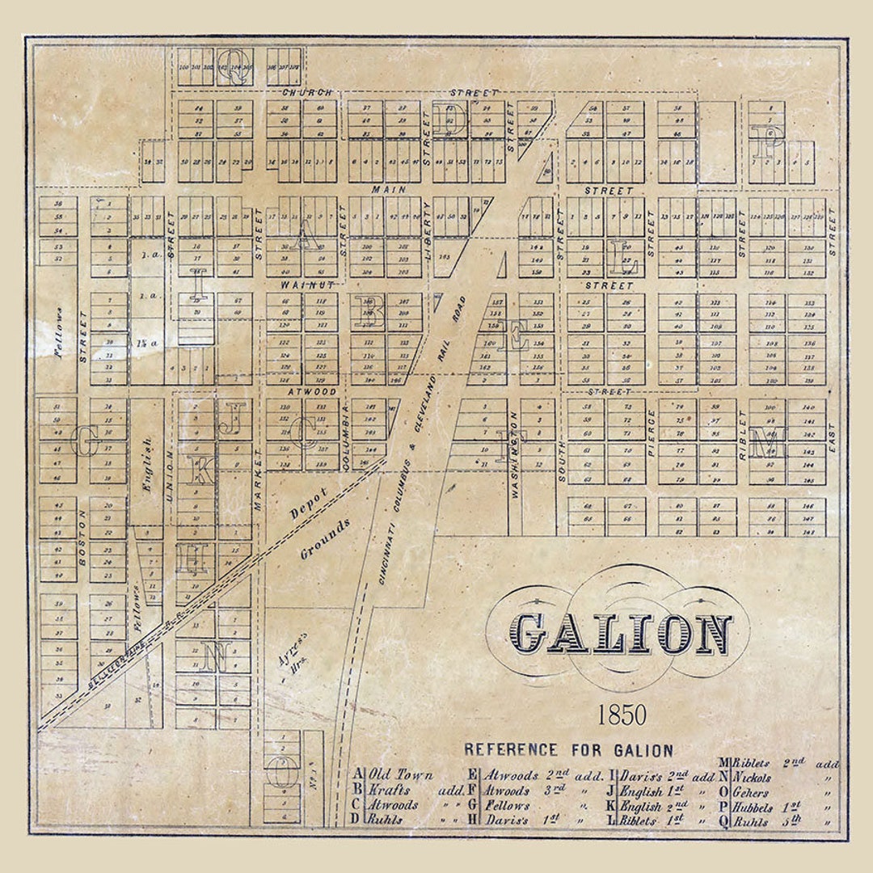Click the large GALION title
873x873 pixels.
pyautogui.click(x=622, y=634)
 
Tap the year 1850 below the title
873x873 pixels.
pyautogui.click(x=622, y=715)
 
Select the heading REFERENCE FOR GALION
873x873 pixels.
pyautogui.click(x=568, y=750)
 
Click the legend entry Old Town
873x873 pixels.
pyautogui.click(x=400, y=774)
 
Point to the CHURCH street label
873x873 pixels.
pyautogui.click(x=302, y=93)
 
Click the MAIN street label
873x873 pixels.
pyautogui.click(x=388, y=189)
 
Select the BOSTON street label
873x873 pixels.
pyautogui.click(x=82, y=551)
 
